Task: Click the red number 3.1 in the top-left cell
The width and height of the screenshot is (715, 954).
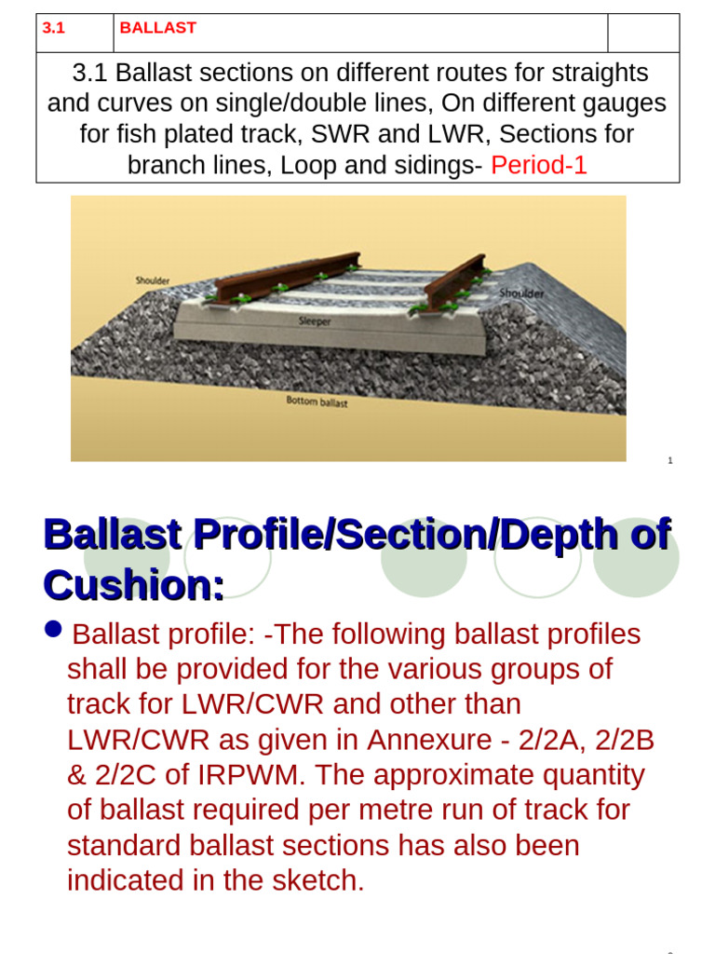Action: point(53,28)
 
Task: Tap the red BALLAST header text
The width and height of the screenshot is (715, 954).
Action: point(157,28)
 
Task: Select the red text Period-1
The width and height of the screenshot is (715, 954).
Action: point(539,165)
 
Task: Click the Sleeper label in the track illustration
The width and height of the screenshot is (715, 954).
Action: point(315,321)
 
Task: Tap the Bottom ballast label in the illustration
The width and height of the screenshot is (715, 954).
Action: point(317,402)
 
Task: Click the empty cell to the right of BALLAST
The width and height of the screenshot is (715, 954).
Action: point(643,33)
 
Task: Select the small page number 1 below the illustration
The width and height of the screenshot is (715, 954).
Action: point(669,460)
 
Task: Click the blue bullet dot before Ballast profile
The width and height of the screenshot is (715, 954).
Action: point(53,630)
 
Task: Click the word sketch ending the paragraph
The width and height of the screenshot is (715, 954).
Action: point(317,880)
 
